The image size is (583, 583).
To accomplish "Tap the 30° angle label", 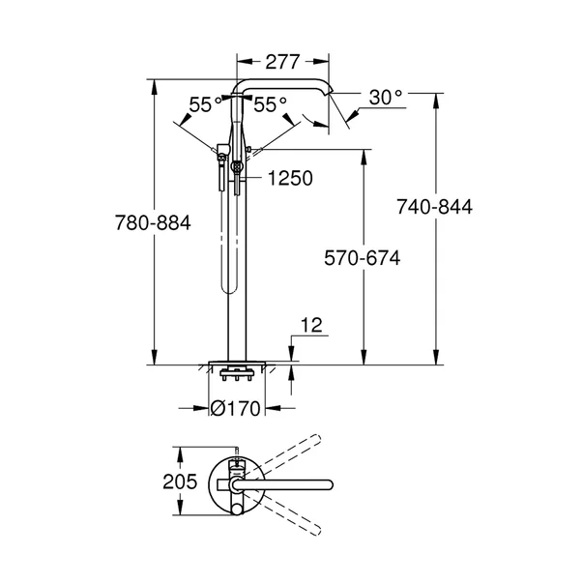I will (384, 96).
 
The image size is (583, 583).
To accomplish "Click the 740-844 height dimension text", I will (435, 207).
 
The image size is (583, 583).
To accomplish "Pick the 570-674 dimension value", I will (362, 258).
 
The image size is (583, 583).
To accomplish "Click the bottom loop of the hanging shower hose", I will (228, 286).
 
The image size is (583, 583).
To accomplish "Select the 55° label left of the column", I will (200, 104).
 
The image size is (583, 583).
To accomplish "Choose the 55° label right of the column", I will (271, 104).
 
